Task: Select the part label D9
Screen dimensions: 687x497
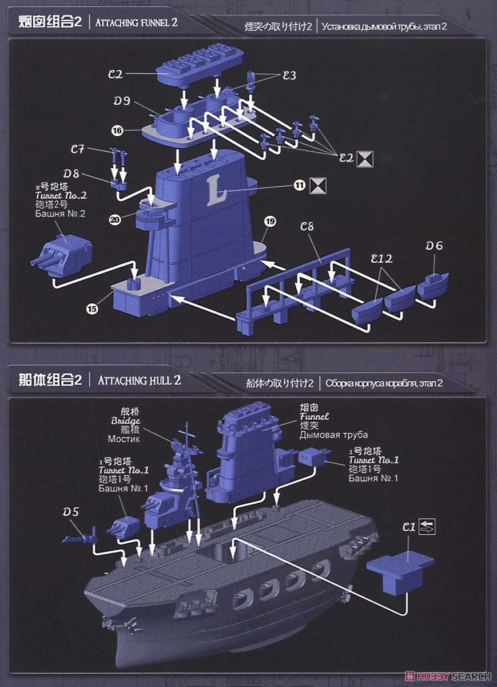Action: (121, 101)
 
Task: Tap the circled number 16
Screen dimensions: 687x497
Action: (117, 131)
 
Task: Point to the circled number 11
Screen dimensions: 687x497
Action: (299, 185)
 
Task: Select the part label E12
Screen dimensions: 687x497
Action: (380, 259)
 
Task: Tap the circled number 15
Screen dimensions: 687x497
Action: (92, 309)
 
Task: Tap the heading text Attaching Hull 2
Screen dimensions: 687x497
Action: (140, 380)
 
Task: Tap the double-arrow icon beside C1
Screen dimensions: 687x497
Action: (427, 527)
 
